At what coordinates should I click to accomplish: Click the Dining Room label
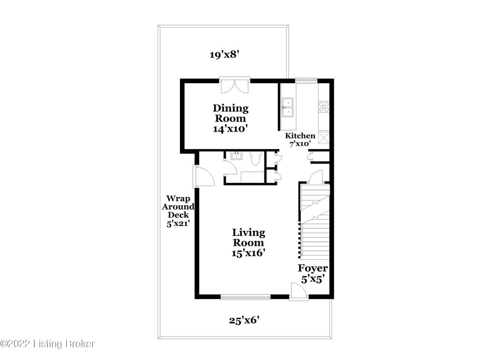click(230, 119)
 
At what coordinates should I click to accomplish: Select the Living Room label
click(248, 242)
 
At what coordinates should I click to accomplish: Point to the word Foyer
click(313, 268)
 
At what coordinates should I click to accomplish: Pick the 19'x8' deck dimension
click(225, 55)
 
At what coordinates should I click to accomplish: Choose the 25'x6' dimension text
click(247, 319)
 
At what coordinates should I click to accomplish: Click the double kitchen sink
click(288, 107)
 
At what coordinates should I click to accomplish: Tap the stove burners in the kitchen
click(323, 106)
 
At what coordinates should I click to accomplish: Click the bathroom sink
click(237, 156)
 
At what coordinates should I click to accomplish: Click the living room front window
click(245, 297)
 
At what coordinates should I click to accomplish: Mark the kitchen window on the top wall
click(306, 80)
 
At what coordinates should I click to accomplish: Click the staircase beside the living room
click(314, 223)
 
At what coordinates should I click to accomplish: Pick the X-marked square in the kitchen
click(324, 138)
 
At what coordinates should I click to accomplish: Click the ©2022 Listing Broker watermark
click(48, 344)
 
